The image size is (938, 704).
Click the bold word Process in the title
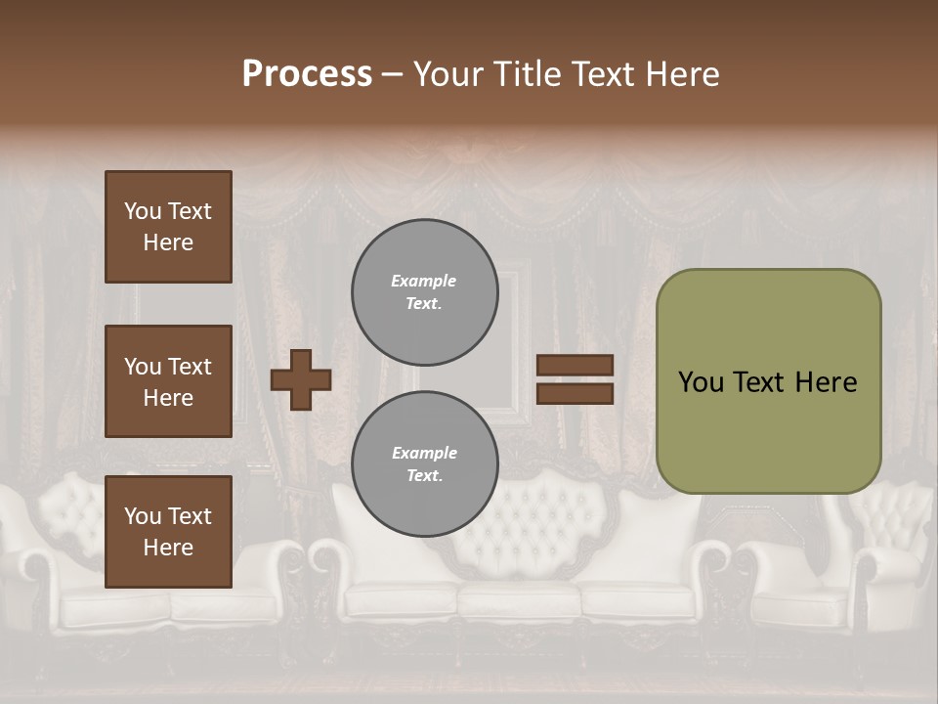(307, 74)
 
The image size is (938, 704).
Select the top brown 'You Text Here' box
(168, 227)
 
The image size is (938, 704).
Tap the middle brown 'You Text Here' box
(168, 381)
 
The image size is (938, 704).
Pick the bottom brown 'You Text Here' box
(168, 532)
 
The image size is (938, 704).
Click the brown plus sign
(301, 379)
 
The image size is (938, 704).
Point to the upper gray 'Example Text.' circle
(425, 292)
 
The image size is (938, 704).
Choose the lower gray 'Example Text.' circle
(425, 463)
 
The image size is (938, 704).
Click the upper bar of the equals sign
(576, 366)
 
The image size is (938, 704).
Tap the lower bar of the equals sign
(576, 394)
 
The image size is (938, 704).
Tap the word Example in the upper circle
(424, 281)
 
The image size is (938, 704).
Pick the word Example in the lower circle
(424, 453)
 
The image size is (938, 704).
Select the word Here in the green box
(826, 382)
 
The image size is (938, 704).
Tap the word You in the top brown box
(143, 211)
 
